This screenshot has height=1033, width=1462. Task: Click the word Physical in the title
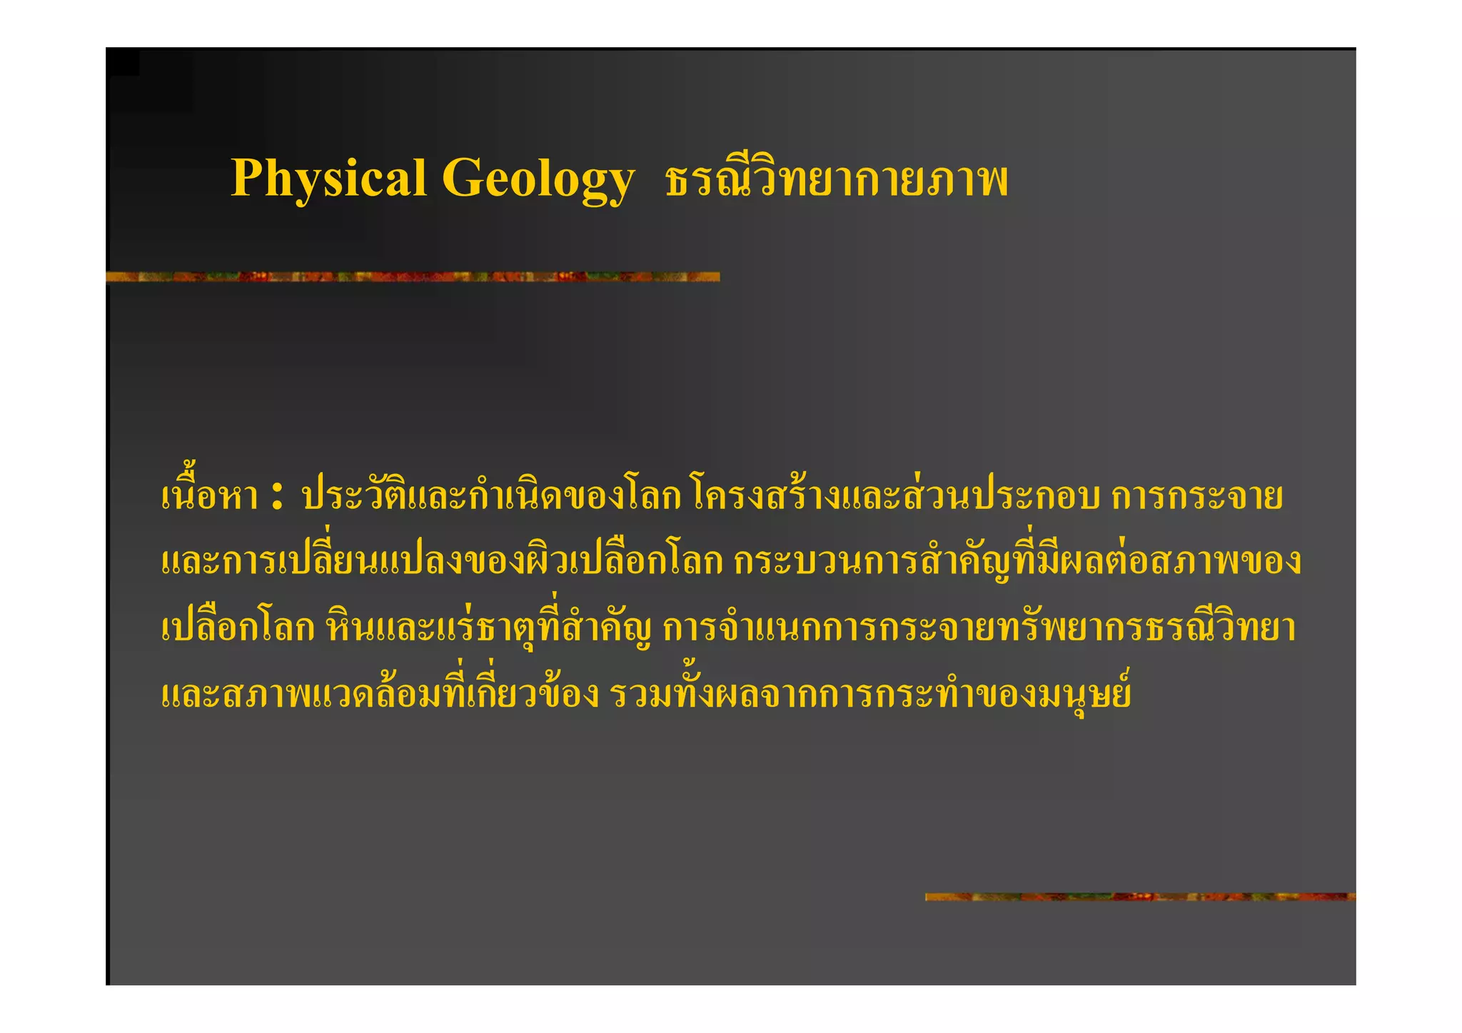coord(328,178)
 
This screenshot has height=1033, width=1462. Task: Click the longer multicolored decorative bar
coord(413,276)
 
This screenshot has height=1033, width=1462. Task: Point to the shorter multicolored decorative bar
coord(1140,897)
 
